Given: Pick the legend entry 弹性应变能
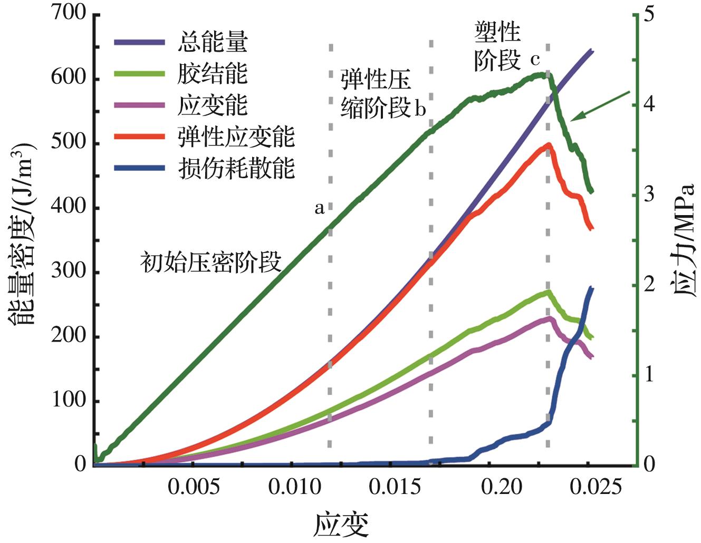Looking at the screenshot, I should [235, 137].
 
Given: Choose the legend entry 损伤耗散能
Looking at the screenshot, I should [235, 169].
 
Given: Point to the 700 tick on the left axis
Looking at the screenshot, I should [69, 14].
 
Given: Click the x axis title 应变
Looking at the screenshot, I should [341, 524].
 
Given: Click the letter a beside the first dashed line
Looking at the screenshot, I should [319, 209].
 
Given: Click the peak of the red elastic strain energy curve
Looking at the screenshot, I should [549, 144].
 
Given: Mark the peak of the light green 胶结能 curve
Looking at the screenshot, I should [549, 291].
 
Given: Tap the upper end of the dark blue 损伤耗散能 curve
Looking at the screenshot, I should [591, 288].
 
